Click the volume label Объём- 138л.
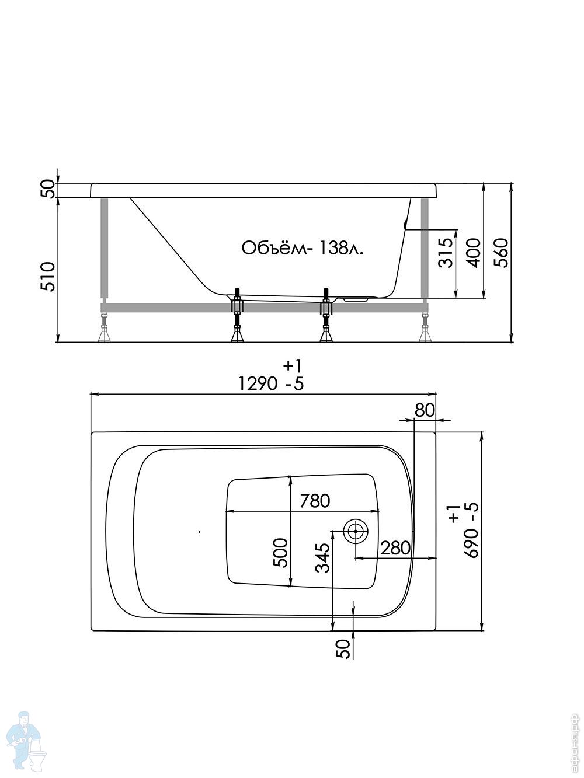click(x=302, y=248)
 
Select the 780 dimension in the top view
click(x=315, y=501)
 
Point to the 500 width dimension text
click(x=281, y=552)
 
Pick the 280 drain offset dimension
click(x=396, y=547)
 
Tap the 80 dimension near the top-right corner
click(x=425, y=410)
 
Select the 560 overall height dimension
click(x=500, y=252)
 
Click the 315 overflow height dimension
click(x=446, y=252)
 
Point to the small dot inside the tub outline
click(x=199, y=532)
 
